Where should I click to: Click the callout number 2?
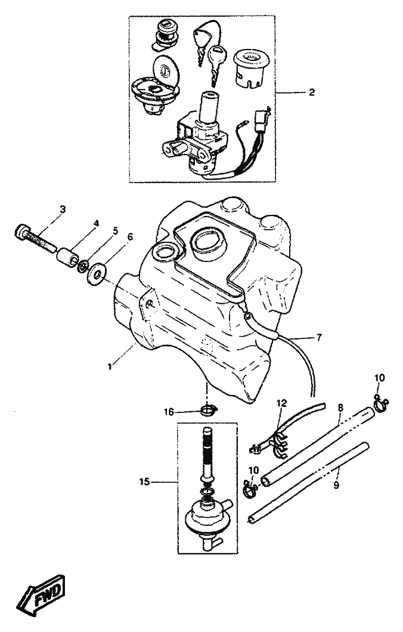312,93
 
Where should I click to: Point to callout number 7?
319,338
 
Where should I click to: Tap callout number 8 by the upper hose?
340,408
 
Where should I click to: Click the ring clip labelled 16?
207,411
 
